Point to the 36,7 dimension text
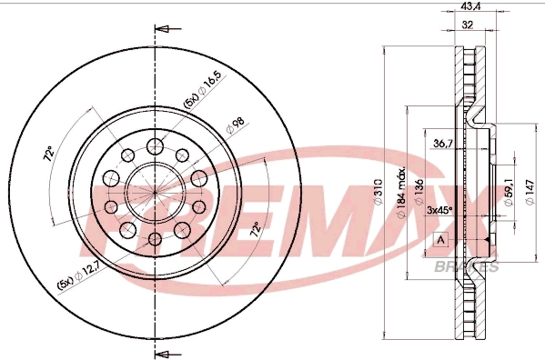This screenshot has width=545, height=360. pos(443,143)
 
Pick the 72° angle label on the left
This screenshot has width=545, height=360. pos(49,156)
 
